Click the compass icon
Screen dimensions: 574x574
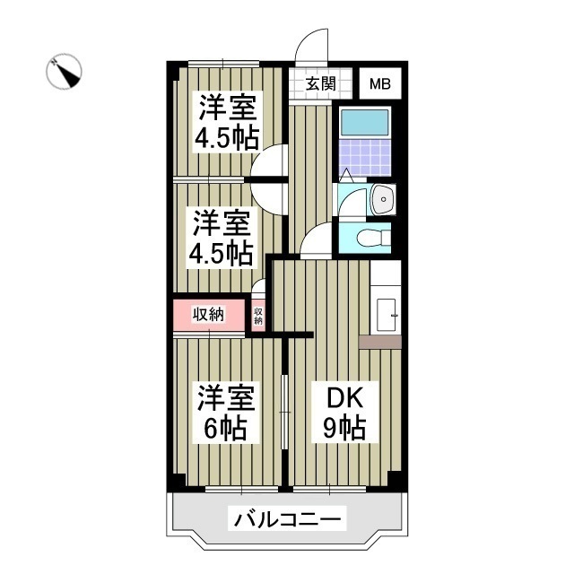pyautogui.click(x=65, y=72)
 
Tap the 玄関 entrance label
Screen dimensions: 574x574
pyautogui.click(x=320, y=85)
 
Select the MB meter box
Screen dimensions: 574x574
pyautogui.click(x=381, y=85)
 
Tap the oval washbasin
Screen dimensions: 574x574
pyautogui.click(x=381, y=198)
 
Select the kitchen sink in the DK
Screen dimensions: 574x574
pyautogui.click(x=387, y=311)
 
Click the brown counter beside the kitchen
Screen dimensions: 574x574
pyautogui.click(x=379, y=341)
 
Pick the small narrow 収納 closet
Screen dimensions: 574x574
pyautogui.click(x=258, y=315)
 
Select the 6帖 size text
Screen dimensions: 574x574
pyautogui.click(x=222, y=428)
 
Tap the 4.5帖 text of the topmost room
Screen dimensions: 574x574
pyautogui.click(x=228, y=137)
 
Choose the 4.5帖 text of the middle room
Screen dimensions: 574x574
pyautogui.click(x=219, y=253)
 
